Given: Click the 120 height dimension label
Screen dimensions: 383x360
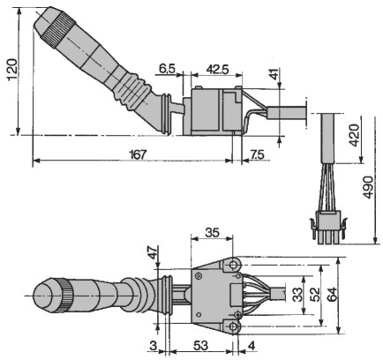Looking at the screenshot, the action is pyautogui.click(x=11, y=70).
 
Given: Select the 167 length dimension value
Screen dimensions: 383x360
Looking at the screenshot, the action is pyautogui.click(x=138, y=154).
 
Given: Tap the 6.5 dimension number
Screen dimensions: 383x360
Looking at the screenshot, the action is pyautogui.click(x=167, y=69).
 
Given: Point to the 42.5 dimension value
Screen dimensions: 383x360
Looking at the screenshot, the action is pyautogui.click(x=217, y=70).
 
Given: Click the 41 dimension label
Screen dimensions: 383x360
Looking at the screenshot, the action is pyautogui.click(x=274, y=74).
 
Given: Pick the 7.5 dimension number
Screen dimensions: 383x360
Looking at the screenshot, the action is pyautogui.click(x=257, y=154).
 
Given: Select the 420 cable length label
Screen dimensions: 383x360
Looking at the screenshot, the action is pyautogui.click(x=354, y=135).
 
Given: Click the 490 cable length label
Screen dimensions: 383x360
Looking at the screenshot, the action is pyautogui.click(x=367, y=187).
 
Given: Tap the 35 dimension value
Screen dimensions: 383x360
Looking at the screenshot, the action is pyautogui.click(x=212, y=232).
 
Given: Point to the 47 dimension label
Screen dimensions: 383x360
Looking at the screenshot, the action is pyautogui.click(x=153, y=252).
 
